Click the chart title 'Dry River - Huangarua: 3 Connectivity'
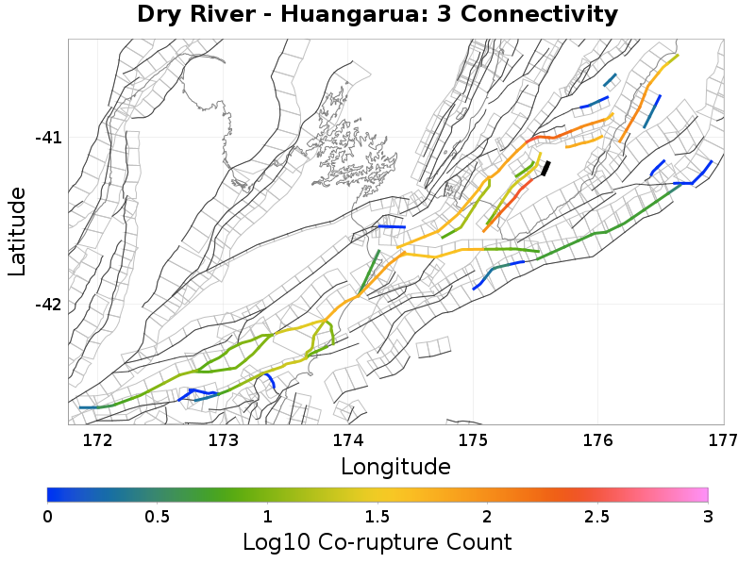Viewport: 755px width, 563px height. (x=377, y=15)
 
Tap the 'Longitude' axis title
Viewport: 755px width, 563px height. (x=395, y=466)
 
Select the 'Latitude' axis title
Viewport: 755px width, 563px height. (x=17, y=231)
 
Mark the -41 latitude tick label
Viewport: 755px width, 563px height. (x=48, y=138)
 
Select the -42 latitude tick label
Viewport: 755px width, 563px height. (x=48, y=305)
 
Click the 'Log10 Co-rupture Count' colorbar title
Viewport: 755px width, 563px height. (x=377, y=542)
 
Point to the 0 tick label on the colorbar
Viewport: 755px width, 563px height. (x=47, y=516)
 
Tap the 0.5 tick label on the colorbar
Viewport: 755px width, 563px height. (x=158, y=516)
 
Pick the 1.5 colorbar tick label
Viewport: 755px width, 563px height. (x=377, y=516)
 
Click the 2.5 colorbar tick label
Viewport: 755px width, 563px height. (x=597, y=516)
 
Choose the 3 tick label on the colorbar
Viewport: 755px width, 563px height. (x=707, y=516)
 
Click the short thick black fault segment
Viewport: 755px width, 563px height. (x=545, y=168)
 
